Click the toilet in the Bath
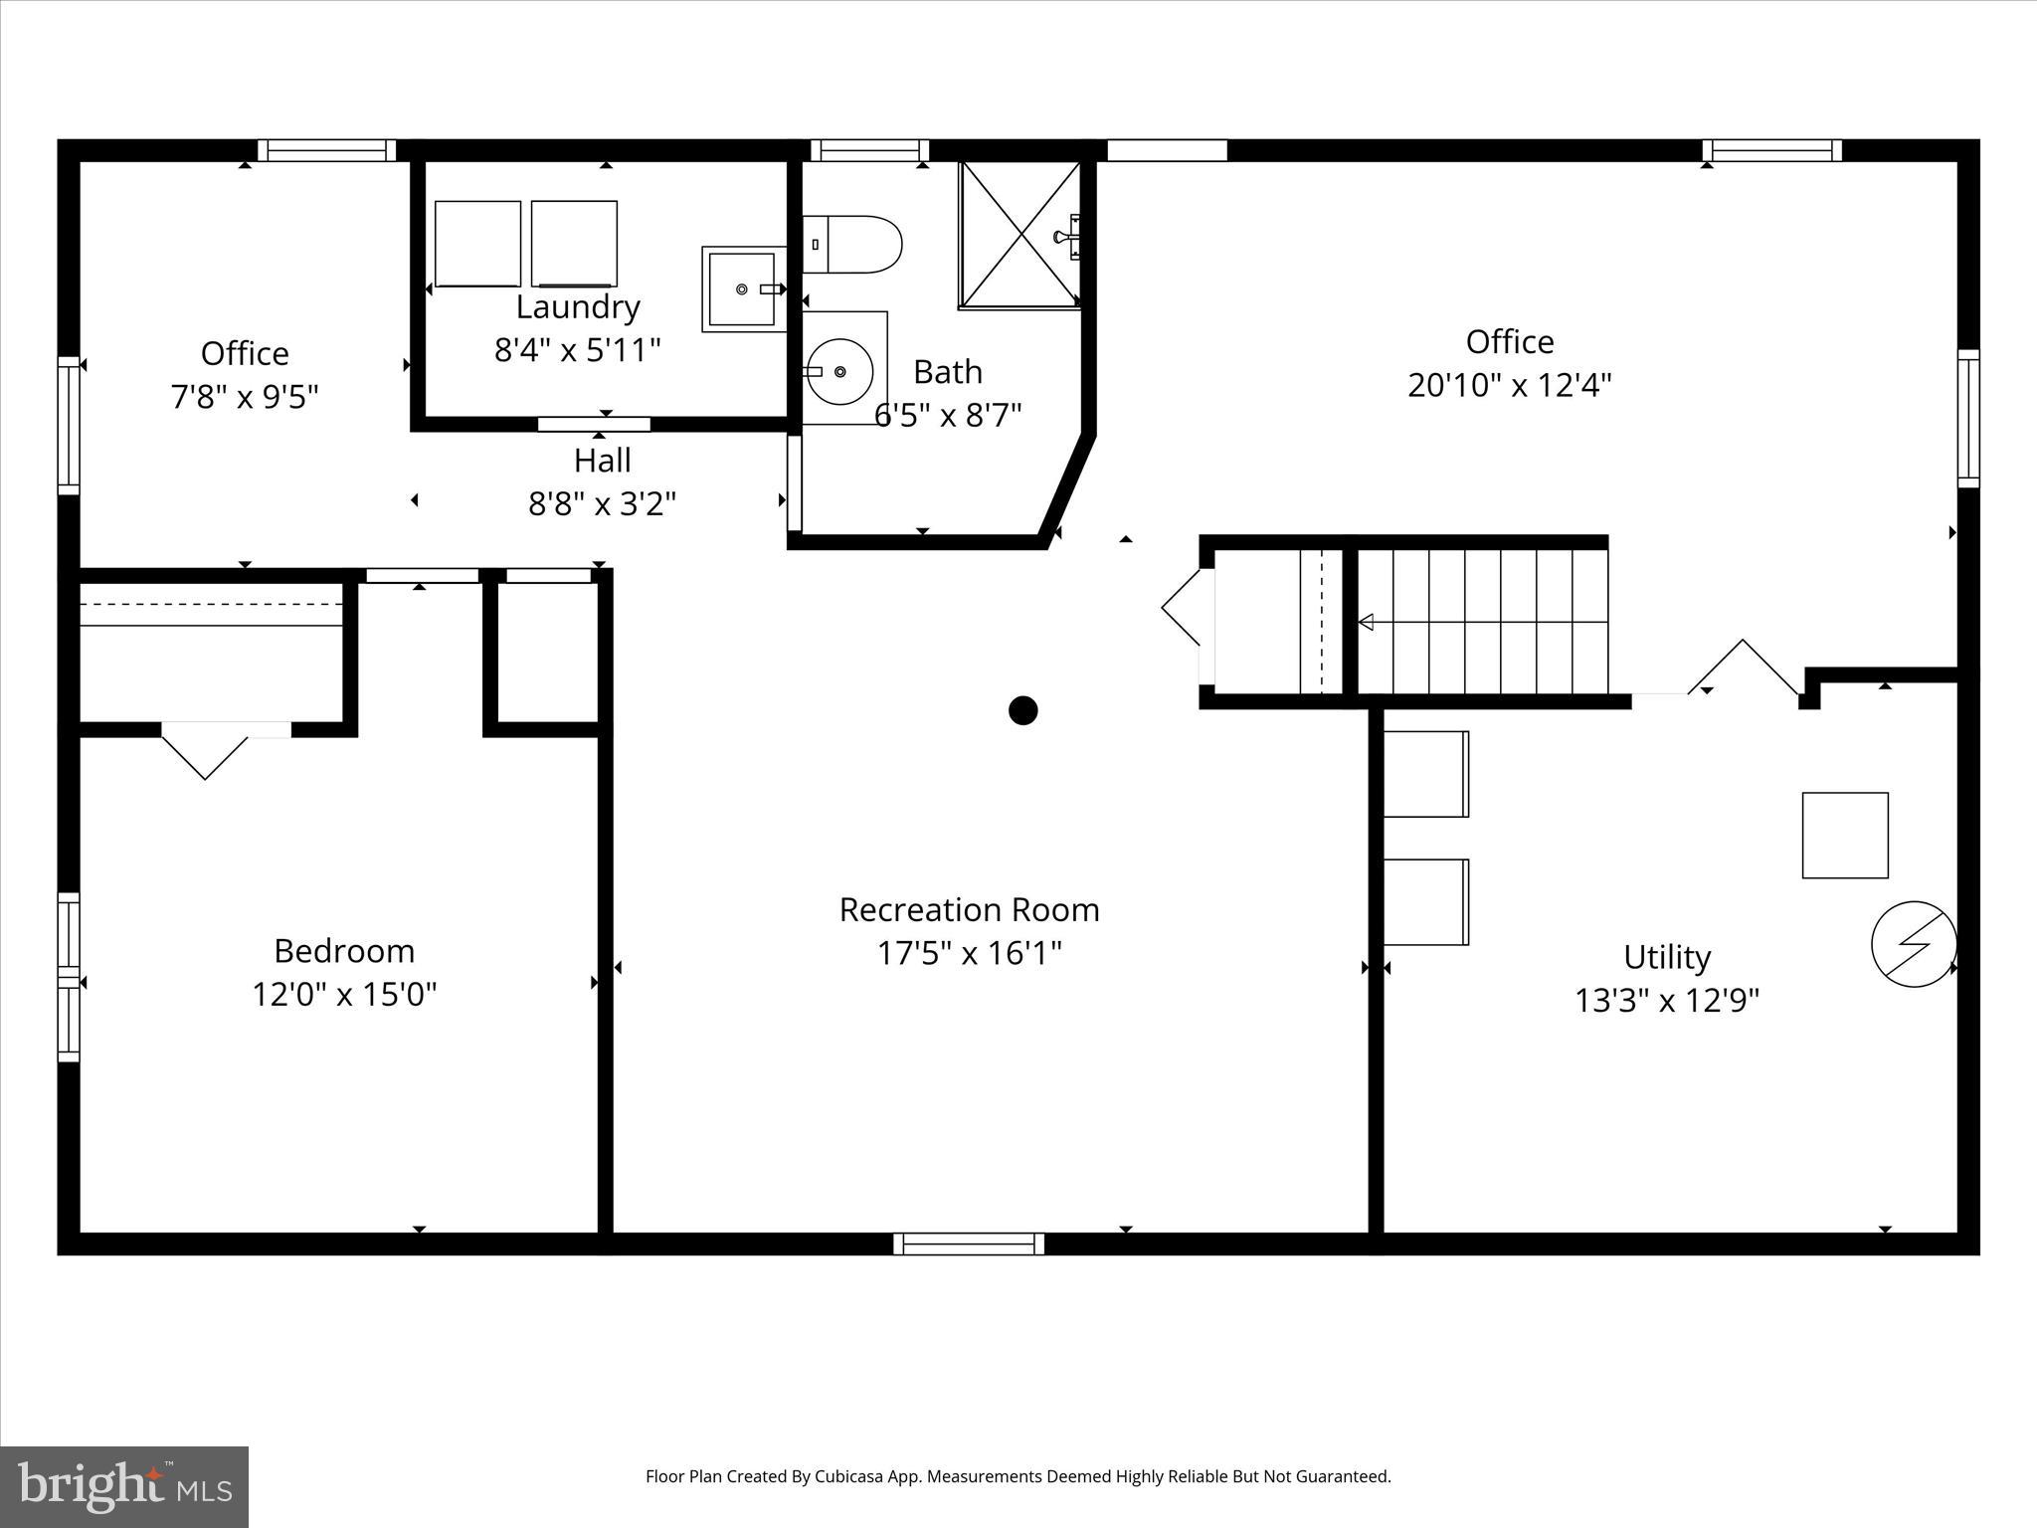[853, 245]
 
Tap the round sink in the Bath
[839, 371]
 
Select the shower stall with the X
[1020, 235]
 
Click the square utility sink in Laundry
[741, 289]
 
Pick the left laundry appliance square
[477, 244]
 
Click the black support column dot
[1022, 710]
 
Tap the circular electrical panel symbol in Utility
[1914, 944]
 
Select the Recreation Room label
[969, 909]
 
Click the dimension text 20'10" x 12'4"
[1509, 385]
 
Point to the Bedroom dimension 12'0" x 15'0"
[344, 994]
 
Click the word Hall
[602, 461]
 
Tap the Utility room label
[1667, 957]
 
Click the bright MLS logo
[124, 1486]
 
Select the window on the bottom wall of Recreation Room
[969, 1243]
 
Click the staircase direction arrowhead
[1367, 623]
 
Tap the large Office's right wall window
[1967, 418]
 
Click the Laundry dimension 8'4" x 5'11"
[577, 350]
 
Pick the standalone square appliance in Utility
[1845, 836]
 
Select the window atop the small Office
[327, 150]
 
